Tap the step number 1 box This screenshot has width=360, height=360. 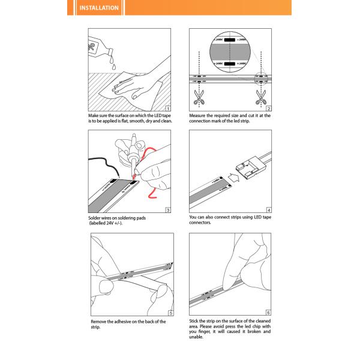point(169,107)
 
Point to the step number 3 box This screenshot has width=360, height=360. point(169,210)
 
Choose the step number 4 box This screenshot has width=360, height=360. point(269,210)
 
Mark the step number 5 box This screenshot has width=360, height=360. point(170,313)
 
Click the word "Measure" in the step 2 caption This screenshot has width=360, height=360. point(199,115)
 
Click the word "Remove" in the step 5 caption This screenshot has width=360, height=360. point(99,322)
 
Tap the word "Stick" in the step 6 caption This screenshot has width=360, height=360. point(194,322)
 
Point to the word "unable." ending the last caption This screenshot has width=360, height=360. point(196,337)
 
